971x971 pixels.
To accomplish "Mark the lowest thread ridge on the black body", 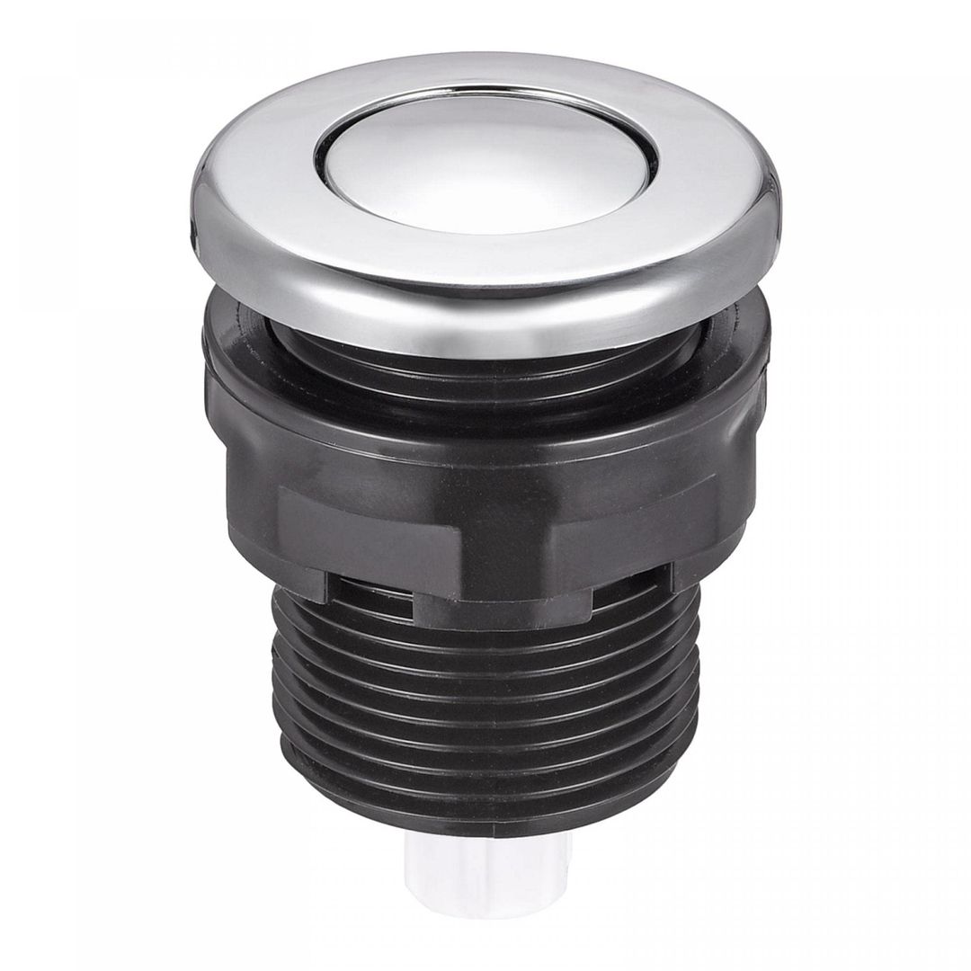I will pyautogui.click(x=485, y=791).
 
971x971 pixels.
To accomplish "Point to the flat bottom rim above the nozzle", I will pyautogui.click(x=485, y=823).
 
